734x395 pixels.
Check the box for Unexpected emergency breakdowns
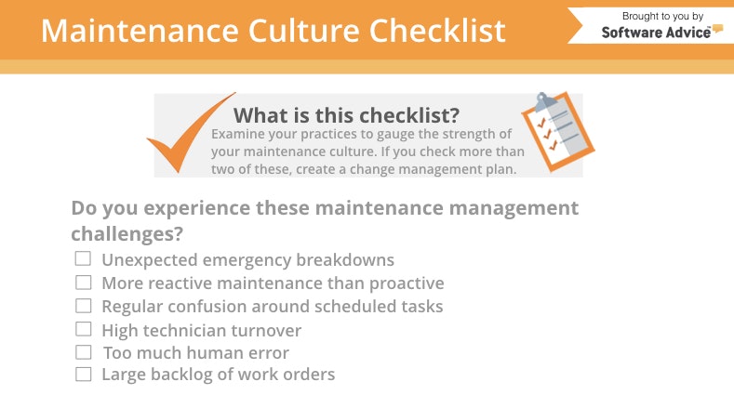[x=84, y=259]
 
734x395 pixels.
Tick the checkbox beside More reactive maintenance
[x=84, y=283]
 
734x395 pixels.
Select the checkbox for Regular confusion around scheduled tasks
[x=84, y=306]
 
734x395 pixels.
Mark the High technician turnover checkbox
[x=84, y=329]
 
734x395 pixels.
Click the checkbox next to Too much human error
[x=84, y=352]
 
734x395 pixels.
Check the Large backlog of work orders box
[x=84, y=375]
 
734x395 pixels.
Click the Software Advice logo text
[x=655, y=31]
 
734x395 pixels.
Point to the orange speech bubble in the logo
[x=716, y=30]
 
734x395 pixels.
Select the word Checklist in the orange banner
[x=438, y=30]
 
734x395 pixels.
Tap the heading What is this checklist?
[x=346, y=115]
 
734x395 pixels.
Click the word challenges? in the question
[x=127, y=231]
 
